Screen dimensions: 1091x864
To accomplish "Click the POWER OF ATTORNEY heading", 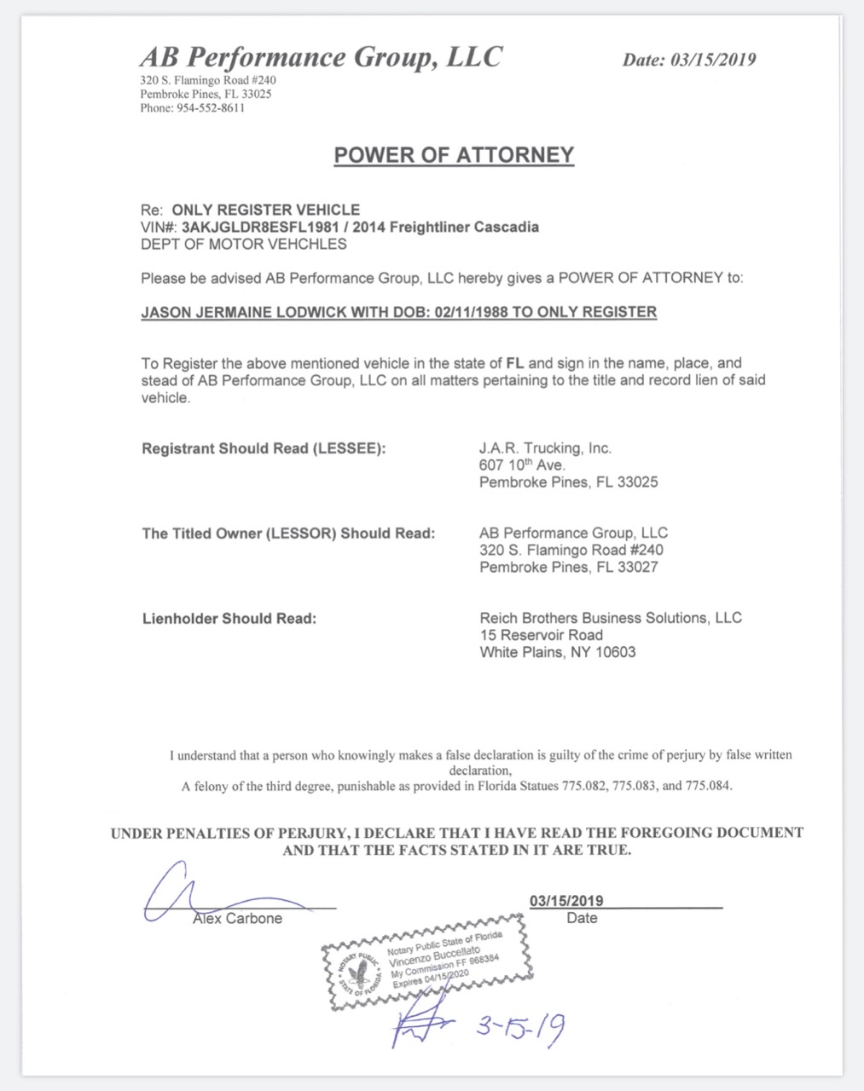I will coord(454,155).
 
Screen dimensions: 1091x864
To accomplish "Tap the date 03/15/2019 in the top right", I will coord(713,60).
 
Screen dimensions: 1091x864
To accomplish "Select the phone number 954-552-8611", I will coord(211,108).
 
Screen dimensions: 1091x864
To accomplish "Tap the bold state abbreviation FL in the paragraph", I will coord(514,363).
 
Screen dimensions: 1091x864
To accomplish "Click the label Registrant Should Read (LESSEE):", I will coord(264,448).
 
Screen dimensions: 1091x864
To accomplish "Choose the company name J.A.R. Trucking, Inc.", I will coord(545,448).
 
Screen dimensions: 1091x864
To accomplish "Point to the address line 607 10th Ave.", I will coord(522,465).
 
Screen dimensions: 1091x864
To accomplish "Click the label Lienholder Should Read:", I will coord(229,619).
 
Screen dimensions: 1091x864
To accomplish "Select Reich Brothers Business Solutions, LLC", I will coord(611,618).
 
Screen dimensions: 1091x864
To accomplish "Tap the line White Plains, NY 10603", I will coord(557,653).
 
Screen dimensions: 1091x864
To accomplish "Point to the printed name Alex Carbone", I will coord(237,919).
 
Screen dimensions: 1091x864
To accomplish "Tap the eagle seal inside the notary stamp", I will coord(360,971).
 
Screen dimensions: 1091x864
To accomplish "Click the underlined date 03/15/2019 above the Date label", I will coord(566,901).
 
